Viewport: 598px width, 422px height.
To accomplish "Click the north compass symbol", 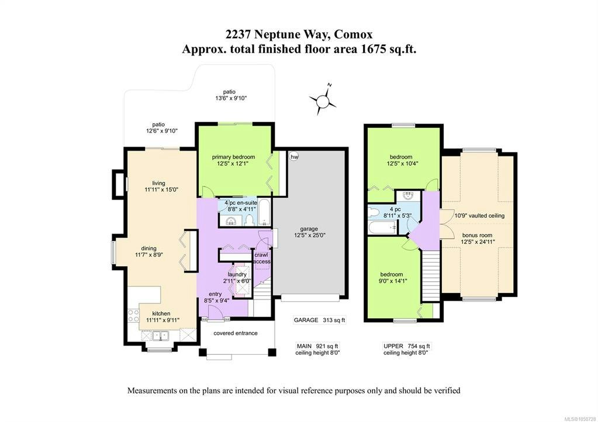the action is click(323, 101).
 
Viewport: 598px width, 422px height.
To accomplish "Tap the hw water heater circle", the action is click(294, 156).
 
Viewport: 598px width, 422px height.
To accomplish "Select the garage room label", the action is click(309, 229).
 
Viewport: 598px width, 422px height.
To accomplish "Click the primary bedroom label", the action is click(233, 157).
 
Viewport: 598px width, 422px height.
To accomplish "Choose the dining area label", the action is click(148, 248).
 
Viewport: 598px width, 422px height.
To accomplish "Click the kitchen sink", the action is click(161, 336).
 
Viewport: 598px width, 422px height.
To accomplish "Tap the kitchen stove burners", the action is click(133, 316).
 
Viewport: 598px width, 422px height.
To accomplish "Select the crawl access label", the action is click(262, 258).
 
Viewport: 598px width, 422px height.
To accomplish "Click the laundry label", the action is click(237, 274).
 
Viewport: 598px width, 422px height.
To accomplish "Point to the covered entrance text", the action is click(236, 333).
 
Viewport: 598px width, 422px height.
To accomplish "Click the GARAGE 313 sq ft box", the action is click(319, 320).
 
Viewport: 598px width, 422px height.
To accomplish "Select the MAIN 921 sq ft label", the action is click(317, 346).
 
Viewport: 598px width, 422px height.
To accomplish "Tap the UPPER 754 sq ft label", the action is click(406, 346).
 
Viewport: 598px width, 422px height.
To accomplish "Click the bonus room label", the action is click(477, 235).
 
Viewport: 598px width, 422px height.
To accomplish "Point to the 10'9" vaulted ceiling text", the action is click(479, 215).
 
